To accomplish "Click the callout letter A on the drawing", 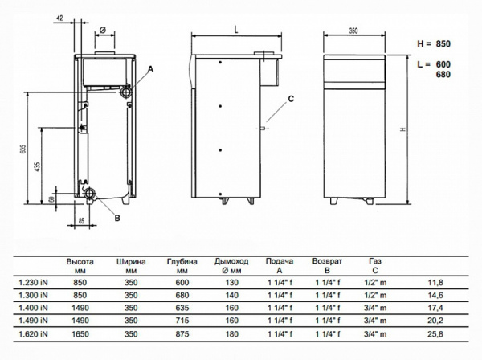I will (150, 70).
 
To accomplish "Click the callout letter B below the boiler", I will (117, 218).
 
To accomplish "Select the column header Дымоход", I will (231, 262).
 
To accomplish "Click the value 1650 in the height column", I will (80, 331).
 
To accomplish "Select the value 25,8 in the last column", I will (457, 331).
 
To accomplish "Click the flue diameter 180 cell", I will (230, 331).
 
